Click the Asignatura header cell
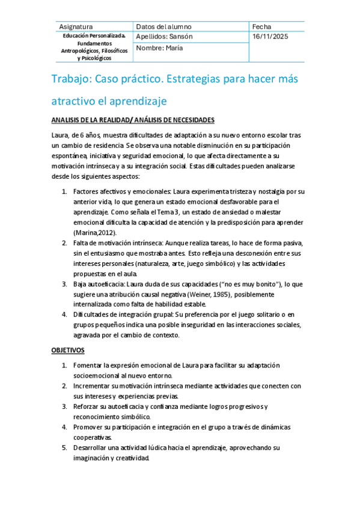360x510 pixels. [x=76, y=27]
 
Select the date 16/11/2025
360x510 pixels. [x=270, y=37]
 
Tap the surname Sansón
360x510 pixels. [x=181, y=37]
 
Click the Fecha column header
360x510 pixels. [x=262, y=27]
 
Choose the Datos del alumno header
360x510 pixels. [x=163, y=27]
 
